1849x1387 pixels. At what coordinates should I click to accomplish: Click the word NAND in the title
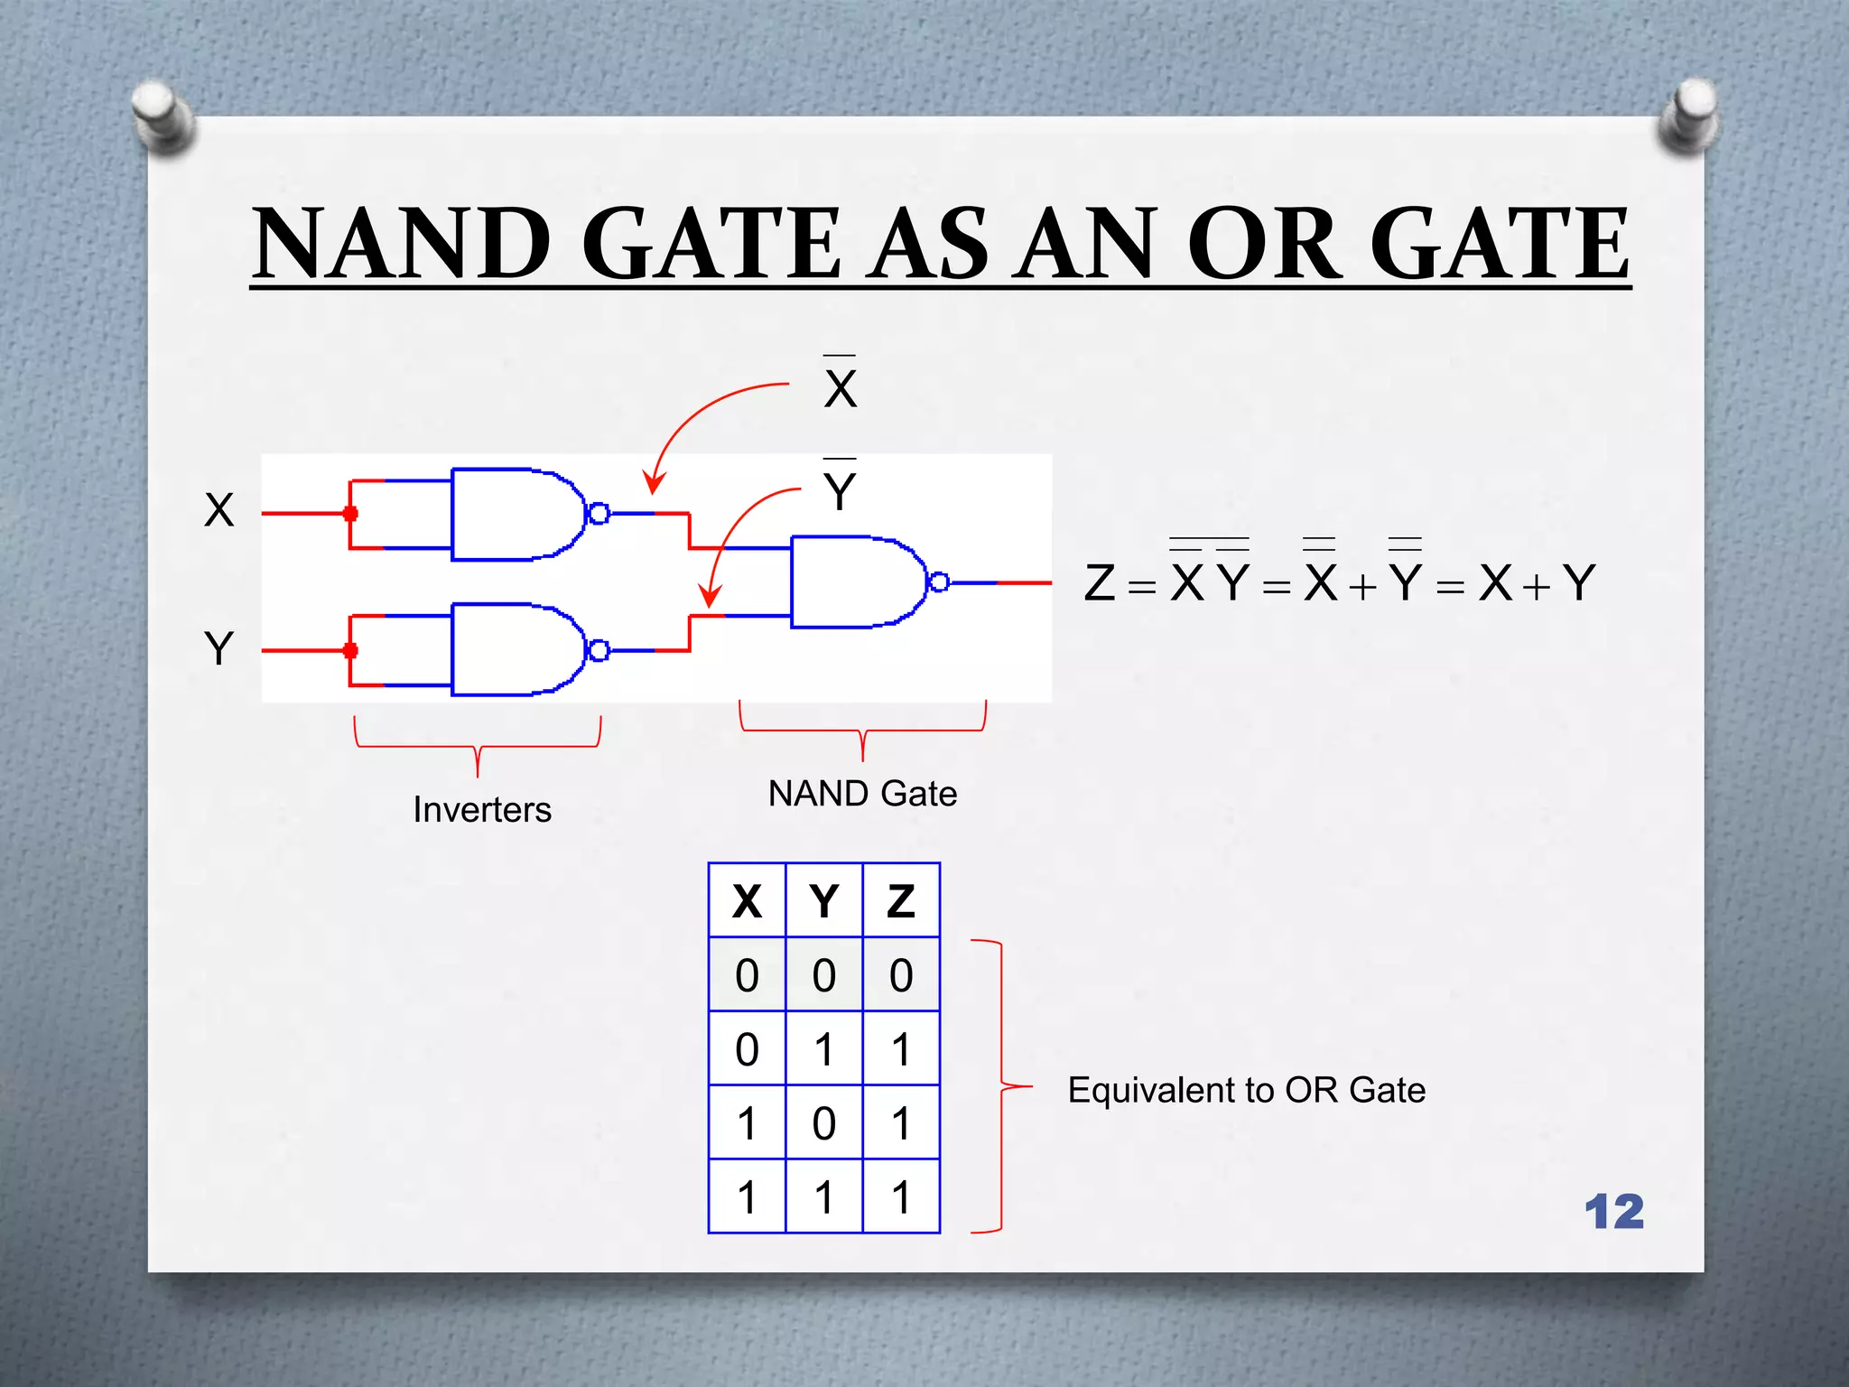coord(403,244)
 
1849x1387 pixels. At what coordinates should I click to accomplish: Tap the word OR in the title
coord(1264,244)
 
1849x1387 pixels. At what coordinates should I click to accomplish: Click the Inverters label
coord(482,810)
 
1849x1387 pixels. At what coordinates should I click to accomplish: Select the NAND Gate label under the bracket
coord(862,794)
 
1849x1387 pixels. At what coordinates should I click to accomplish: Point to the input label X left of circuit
coord(219,510)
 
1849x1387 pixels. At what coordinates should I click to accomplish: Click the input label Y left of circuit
coord(219,648)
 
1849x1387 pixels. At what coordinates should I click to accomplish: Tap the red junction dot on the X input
coord(350,514)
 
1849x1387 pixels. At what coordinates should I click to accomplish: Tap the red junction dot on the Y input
coord(350,651)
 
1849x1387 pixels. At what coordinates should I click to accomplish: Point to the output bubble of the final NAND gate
coord(939,582)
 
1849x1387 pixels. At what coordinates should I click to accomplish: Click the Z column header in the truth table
coord(901,901)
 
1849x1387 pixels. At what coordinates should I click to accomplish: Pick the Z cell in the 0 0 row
coord(901,975)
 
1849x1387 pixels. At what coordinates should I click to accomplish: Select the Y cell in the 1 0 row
coord(823,1123)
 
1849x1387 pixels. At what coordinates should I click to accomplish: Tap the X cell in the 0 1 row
coord(747,1049)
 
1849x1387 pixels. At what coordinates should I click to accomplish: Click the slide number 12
coord(1614,1212)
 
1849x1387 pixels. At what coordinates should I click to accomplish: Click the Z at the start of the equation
coord(1101,583)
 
